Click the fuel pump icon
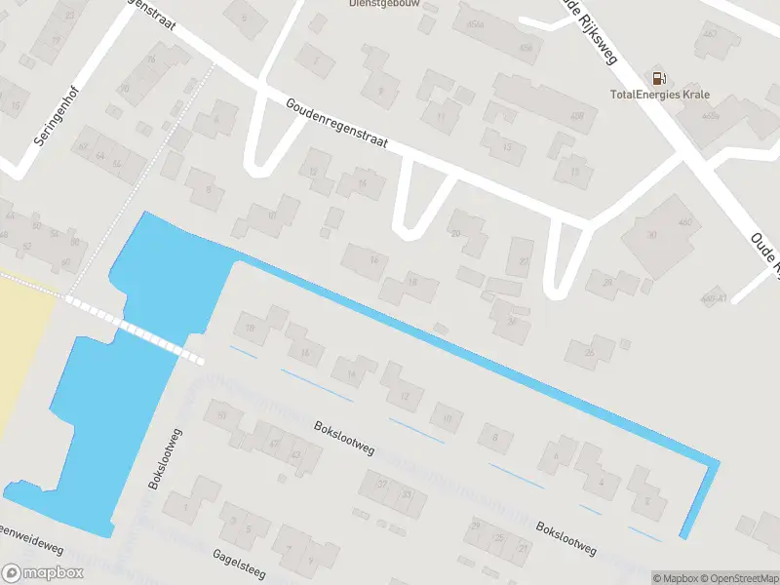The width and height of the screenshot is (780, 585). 659,79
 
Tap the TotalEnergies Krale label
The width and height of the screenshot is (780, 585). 659,95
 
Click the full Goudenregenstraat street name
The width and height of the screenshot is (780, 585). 337,124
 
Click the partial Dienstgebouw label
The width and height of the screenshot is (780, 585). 375,4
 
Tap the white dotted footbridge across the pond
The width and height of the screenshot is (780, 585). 136,331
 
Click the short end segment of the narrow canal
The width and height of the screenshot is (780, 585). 700,499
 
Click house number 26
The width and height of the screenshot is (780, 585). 589,351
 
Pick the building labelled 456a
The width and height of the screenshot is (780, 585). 475,25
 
